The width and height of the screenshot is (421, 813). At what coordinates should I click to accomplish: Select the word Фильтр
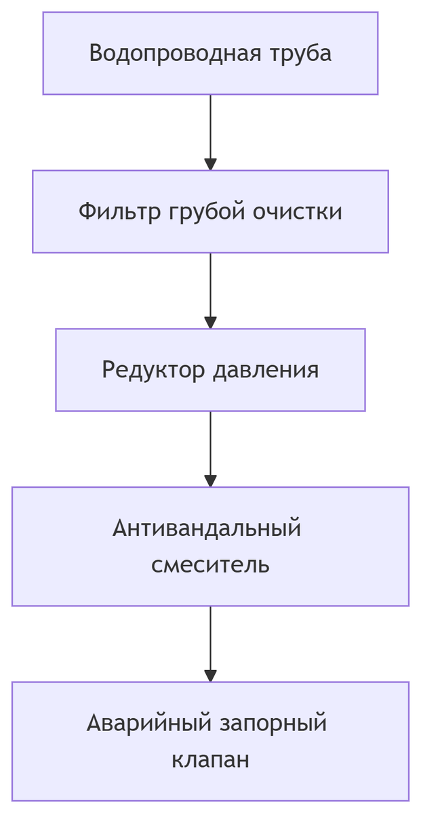pos(119,211)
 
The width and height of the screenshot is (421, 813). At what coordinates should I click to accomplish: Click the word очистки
pos(298,211)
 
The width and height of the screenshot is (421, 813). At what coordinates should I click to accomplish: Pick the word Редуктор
pos(155,370)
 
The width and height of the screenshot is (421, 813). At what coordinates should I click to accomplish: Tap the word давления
pos(266,370)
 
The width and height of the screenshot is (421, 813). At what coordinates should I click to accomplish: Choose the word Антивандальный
pos(207,528)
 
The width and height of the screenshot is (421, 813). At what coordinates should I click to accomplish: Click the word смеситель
pos(210,564)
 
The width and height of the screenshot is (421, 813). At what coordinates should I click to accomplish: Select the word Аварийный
pos(149,723)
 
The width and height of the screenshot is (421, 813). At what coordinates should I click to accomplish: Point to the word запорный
pos(275,723)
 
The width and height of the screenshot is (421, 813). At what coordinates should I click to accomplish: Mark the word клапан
pos(210,759)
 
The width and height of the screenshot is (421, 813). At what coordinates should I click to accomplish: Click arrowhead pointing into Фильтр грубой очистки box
pos(210,164)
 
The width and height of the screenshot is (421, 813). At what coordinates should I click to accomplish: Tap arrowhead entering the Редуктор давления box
pos(210,322)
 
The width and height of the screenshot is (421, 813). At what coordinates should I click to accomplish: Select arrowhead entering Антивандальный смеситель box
pos(210,481)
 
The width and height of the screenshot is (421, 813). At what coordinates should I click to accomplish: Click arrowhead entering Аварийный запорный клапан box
pos(210,675)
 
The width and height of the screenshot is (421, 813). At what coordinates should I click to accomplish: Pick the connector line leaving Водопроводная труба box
pos(210,125)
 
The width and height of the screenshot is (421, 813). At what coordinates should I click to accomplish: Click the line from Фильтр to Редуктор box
pos(210,284)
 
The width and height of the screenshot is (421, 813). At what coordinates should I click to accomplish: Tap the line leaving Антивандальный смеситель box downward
pos(210,637)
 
